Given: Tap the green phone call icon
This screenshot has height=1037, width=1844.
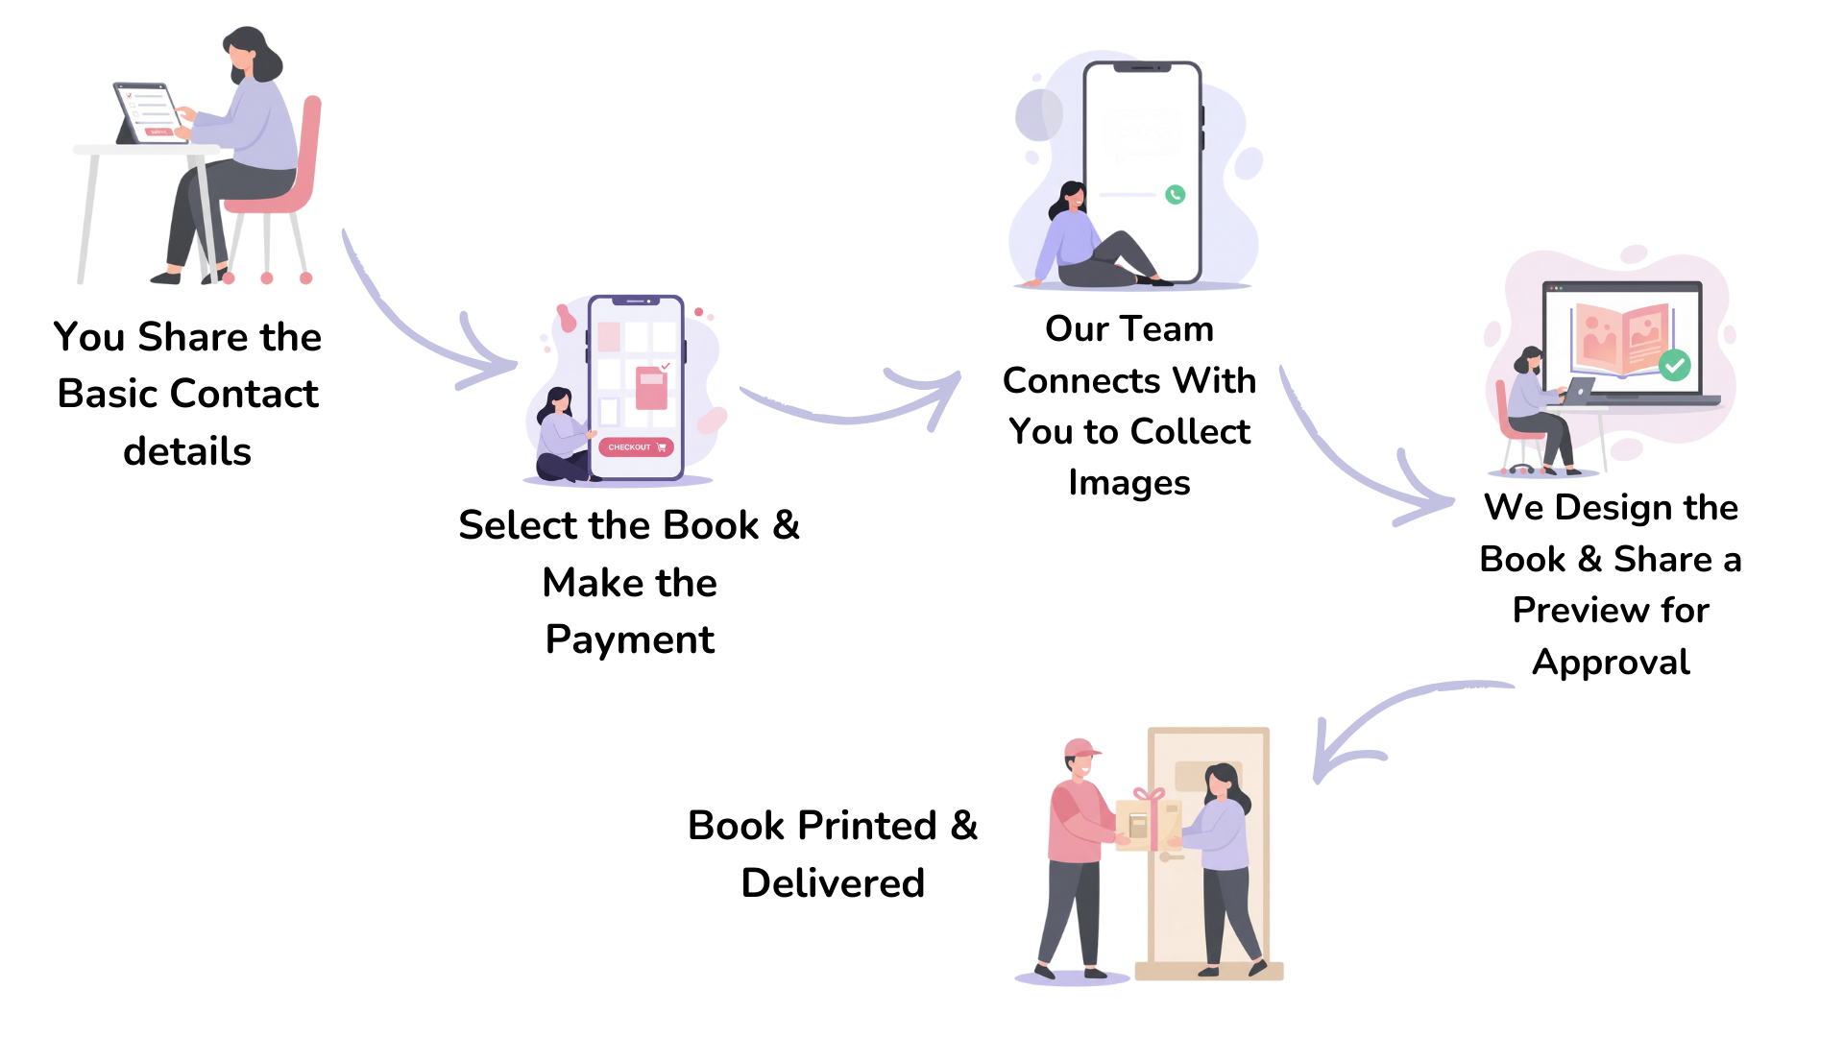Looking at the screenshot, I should pyautogui.click(x=1175, y=195).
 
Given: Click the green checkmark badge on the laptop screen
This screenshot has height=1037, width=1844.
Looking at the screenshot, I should pyautogui.click(x=1674, y=365).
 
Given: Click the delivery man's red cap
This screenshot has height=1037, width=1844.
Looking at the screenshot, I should pyautogui.click(x=1080, y=748).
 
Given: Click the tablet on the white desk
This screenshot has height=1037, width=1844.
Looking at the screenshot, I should pyautogui.click(x=147, y=112).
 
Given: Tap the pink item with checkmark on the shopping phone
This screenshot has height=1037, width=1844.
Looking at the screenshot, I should pyautogui.click(x=651, y=386).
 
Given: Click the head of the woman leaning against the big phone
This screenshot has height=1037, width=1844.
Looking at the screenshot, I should pyautogui.click(x=1070, y=200).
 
